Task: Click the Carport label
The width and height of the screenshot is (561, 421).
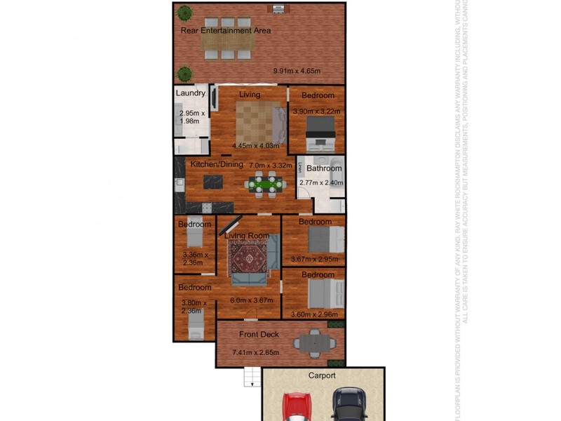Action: click(323, 376)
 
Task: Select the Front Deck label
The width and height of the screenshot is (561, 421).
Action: click(259, 335)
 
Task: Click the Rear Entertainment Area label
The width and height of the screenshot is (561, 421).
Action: click(226, 31)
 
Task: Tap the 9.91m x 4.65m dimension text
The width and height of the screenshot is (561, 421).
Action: click(297, 71)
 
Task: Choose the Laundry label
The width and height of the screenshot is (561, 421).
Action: click(190, 93)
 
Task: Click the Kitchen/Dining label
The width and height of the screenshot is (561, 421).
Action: click(217, 164)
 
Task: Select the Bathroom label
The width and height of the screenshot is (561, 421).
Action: click(324, 168)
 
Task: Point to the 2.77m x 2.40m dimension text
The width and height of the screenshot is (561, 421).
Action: click(320, 183)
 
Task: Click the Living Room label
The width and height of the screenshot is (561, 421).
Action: click(247, 236)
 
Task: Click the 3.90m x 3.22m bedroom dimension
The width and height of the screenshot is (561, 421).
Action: click(316, 112)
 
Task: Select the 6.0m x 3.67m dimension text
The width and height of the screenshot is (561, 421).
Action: click(250, 301)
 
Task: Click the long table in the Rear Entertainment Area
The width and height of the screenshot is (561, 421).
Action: click(226, 44)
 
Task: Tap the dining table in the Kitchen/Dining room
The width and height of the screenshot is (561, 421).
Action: click(265, 185)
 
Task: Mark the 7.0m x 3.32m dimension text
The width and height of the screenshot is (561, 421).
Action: click(269, 165)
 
